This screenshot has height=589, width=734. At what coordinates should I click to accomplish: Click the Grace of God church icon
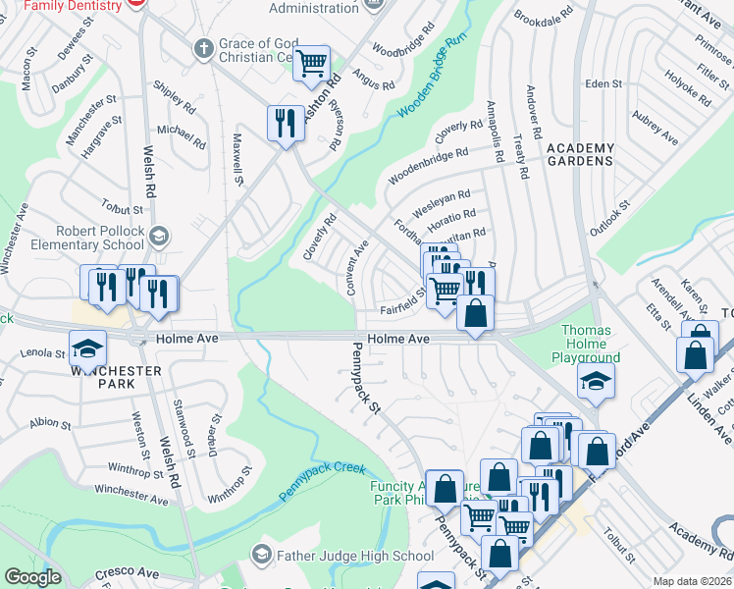(204, 48)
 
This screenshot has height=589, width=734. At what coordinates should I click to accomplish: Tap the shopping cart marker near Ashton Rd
(312, 63)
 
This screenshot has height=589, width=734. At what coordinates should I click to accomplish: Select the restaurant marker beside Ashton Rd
(286, 123)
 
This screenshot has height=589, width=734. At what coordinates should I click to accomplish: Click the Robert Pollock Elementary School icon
(159, 236)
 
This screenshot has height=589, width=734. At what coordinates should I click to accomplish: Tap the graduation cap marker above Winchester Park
(86, 348)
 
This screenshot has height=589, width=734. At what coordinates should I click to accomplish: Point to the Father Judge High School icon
(261, 556)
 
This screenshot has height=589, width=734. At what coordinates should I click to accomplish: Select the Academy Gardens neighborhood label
(580, 155)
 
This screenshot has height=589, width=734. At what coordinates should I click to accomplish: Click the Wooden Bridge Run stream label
(431, 79)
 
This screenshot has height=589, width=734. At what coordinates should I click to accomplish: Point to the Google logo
(33, 577)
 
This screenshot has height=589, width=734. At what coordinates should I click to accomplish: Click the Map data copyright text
(692, 581)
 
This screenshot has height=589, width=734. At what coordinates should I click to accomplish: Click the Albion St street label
(51, 423)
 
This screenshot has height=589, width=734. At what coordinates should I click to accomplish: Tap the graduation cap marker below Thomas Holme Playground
(596, 380)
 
